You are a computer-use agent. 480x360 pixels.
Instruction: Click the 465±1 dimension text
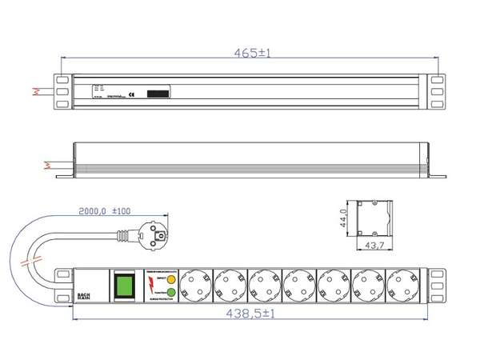252,53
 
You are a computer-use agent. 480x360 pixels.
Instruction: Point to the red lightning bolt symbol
150,286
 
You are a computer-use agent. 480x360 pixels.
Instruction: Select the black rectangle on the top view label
158,93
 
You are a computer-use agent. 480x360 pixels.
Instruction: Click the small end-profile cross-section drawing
375,216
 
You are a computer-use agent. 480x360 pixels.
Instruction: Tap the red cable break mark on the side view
45,166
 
